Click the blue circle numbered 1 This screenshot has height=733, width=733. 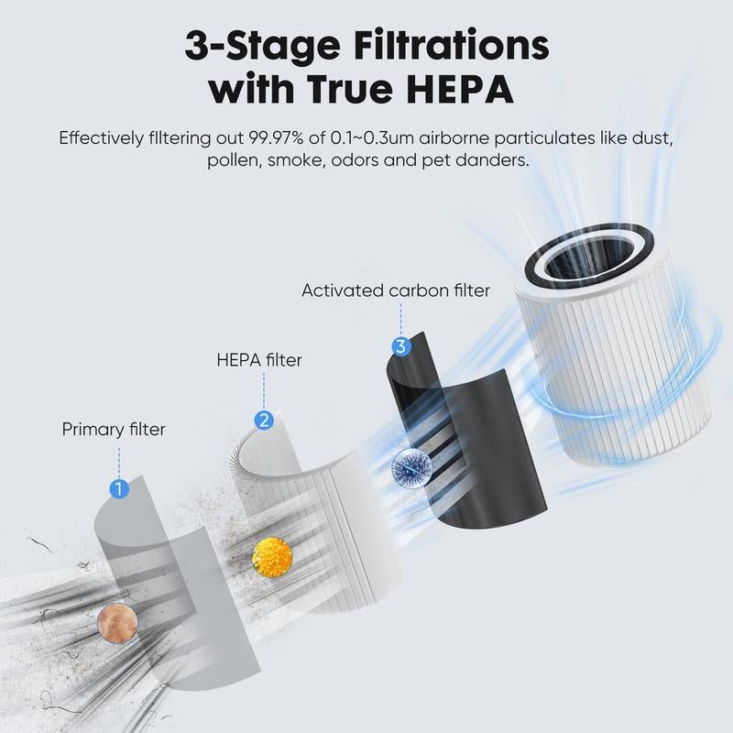[x=118, y=488]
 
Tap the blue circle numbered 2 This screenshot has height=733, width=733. [x=264, y=421]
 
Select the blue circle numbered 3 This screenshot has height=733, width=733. [x=400, y=346]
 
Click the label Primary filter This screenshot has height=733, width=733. [x=115, y=429]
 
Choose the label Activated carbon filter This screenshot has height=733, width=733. [x=396, y=290]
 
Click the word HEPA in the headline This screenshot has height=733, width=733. [x=464, y=90]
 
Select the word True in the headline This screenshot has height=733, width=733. [x=347, y=90]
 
